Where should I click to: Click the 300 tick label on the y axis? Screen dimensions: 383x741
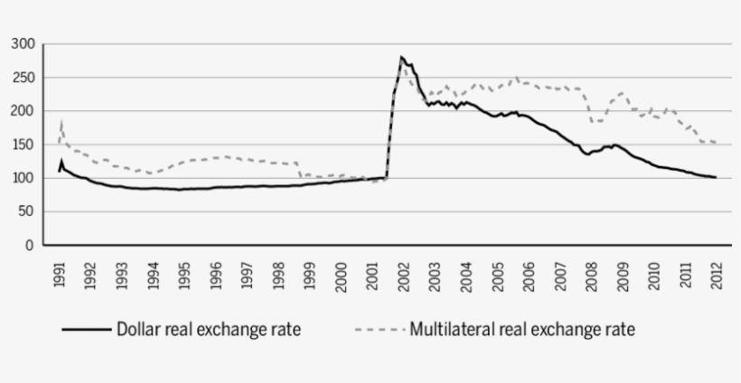(x=23, y=44)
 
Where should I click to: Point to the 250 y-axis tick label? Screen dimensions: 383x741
(x=23, y=78)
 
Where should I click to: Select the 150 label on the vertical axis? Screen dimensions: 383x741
(x=23, y=145)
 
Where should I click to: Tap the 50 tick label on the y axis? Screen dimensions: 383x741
(x=26, y=211)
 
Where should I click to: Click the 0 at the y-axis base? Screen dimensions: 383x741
(x=30, y=245)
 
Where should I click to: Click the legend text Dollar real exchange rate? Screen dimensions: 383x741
(x=209, y=330)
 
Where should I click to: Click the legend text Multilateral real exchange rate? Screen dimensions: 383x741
(x=522, y=330)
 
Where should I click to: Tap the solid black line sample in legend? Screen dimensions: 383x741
(x=86, y=331)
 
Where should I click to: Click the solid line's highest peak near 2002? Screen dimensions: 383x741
(x=401, y=57)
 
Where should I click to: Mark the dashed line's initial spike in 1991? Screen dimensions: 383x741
(x=61, y=121)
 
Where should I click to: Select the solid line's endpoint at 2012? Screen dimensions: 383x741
(x=716, y=177)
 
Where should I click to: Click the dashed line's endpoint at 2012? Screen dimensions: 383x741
(x=716, y=143)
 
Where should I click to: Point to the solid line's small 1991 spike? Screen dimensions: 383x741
(x=61, y=161)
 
